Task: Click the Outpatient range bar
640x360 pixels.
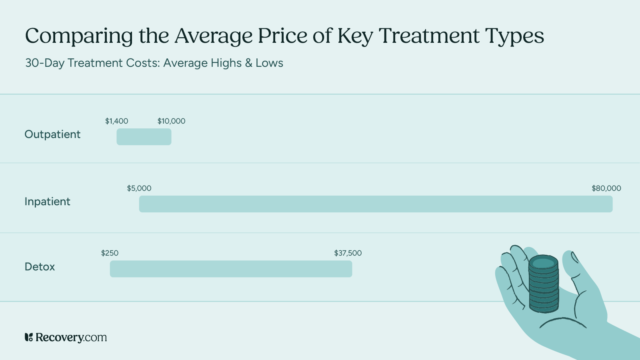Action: [x=144, y=137]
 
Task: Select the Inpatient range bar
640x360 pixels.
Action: [x=376, y=204]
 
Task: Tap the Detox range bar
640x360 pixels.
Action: [x=231, y=269]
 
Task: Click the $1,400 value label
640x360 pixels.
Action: [x=116, y=121]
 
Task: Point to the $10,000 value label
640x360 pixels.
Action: [x=171, y=121]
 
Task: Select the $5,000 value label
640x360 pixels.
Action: [x=139, y=188]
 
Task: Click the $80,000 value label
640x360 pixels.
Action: [x=606, y=188]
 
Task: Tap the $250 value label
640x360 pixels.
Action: [x=110, y=253]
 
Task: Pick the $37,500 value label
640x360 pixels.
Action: [x=348, y=253]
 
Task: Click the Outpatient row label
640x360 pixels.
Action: [x=52, y=134]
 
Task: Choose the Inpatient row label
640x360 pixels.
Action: [x=47, y=202]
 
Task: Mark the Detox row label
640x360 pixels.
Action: [x=40, y=267]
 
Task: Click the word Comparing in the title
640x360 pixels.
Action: [x=79, y=36]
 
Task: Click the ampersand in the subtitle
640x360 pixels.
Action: [x=249, y=63]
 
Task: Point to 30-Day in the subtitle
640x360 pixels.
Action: [x=45, y=63]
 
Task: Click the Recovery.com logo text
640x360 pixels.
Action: [x=71, y=337]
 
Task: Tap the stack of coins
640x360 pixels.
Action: [x=543, y=284]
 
